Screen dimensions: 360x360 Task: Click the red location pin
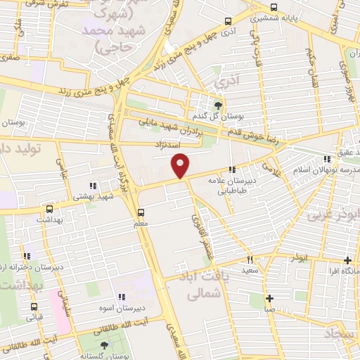pos(181,165)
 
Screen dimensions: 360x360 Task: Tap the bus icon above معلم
pos(141,212)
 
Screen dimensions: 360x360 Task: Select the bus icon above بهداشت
pos(49,209)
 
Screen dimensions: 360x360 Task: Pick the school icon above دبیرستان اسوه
pos(122,297)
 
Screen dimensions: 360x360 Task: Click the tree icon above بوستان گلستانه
pos(105,345)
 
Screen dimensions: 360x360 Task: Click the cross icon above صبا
pos(269,297)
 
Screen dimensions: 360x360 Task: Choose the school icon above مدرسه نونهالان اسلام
pos(325,160)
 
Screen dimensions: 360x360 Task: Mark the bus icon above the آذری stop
pos(226,21)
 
